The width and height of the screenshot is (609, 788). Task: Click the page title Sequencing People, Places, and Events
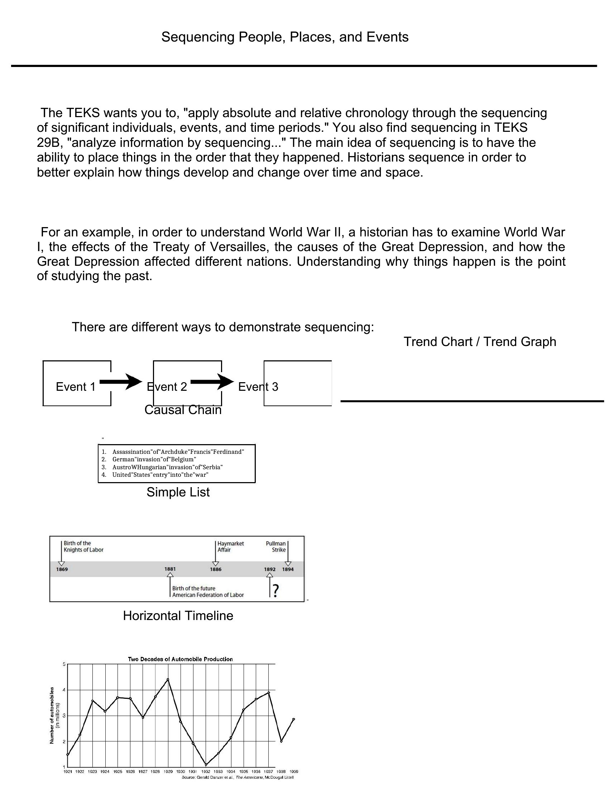tap(285, 37)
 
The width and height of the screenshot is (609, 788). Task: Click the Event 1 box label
tap(76, 387)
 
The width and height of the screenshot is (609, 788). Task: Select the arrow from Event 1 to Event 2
tap(121, 381)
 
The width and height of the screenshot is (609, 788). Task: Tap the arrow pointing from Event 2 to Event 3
tap(212, 381)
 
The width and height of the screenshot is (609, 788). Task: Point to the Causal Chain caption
tap(183, 410)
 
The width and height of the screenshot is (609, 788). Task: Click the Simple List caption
tap(178, 492)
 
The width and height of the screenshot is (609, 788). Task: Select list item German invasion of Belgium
tap(154, 459)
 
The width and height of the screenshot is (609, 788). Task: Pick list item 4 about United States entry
tap(160, 475)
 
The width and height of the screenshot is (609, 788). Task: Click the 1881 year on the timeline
tap(170, 569)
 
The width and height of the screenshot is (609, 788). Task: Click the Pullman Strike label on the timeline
tap(276, 547)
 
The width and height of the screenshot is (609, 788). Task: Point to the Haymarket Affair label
tap(230, 547)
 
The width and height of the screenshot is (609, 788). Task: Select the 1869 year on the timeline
tap(62, 570)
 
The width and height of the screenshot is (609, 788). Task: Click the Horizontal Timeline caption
tap(178, 615)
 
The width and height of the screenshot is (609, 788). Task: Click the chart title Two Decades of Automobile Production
tap(181, 659)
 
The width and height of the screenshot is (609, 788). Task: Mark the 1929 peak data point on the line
tap(168, 679)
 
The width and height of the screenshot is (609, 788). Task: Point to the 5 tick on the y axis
tap(64, 664)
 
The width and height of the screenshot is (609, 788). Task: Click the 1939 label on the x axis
tap(294, 772)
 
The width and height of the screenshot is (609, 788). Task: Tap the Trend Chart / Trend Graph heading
tap(480, 342)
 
